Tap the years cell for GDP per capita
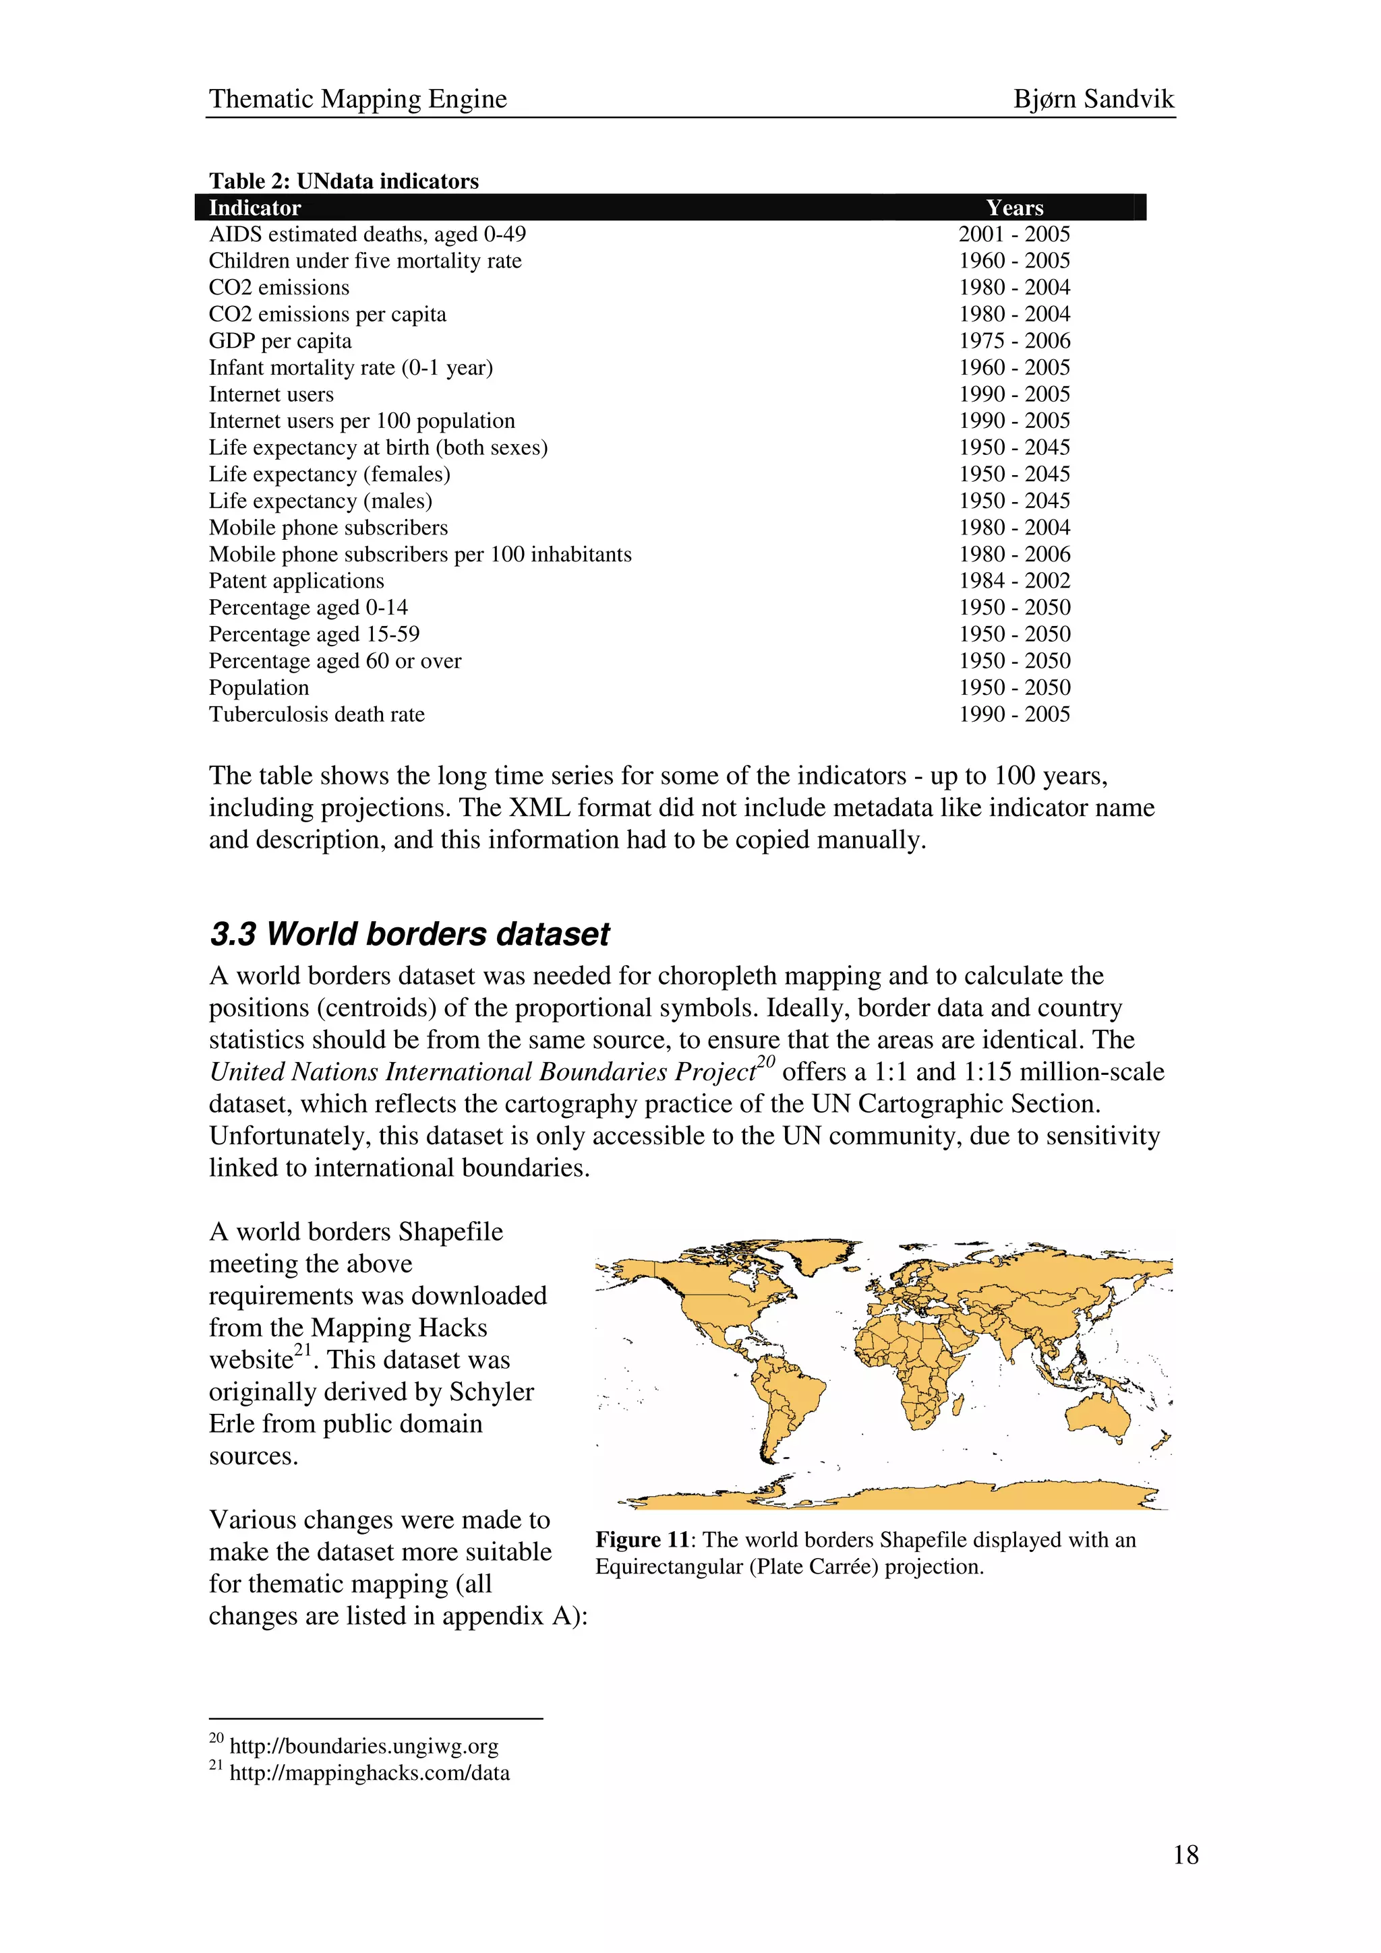(1013, 341)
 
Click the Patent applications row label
(296, 581)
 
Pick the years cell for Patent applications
(1013, 581)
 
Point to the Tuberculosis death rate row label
(316, 714)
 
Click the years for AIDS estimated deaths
(1013, 235)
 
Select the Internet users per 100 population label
(361, 421)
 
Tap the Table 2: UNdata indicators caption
(344, 181)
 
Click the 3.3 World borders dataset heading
(409, 934)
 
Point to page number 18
(1185, 1855)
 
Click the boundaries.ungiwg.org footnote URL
(363, 1746)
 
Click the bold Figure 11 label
(641, 1540)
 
